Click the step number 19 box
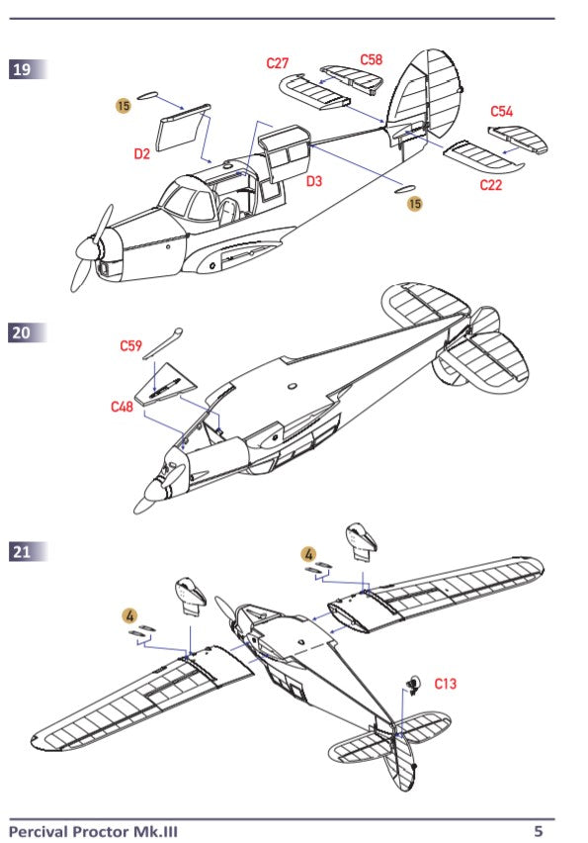(22, 70)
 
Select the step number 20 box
(22, 333)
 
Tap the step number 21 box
(22, 551)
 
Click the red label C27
(279, 63)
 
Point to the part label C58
(371, 60)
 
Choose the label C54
(502, 112)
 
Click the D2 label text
(142, 153)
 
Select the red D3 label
(314, 181)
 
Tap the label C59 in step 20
(131, 345)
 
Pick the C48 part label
(122, 407)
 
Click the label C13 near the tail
(445, 684)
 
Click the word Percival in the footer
(40, 831)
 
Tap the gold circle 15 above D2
(124, 105)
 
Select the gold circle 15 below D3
(415, 203)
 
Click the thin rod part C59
(161, 343)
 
